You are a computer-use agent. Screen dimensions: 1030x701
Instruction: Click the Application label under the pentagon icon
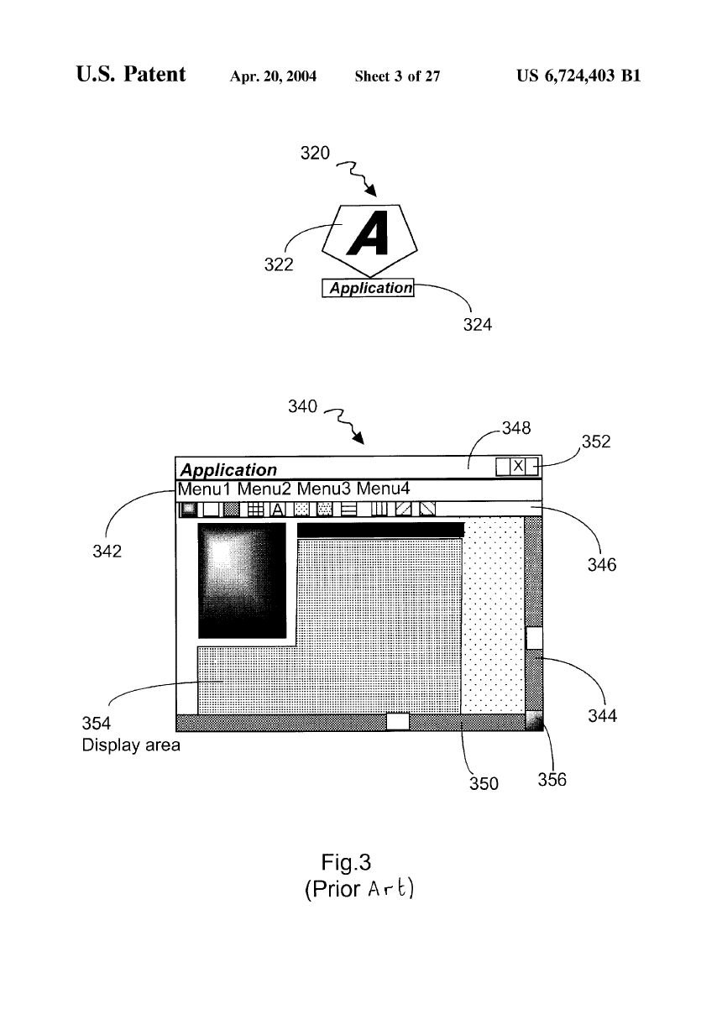370,288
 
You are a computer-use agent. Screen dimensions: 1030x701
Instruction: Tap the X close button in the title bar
518,466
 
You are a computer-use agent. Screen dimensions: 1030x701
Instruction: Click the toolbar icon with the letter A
278,509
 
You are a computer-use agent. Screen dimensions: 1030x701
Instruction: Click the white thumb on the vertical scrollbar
534,638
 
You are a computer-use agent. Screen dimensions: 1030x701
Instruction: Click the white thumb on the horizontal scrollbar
397,721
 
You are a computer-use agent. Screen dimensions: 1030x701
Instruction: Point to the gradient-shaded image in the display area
242,581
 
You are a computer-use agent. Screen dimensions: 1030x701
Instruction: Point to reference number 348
515,428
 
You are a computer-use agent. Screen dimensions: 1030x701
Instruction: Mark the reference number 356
552,780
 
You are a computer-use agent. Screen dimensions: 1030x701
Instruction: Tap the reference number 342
107,551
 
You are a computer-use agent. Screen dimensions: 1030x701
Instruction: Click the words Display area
130,745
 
